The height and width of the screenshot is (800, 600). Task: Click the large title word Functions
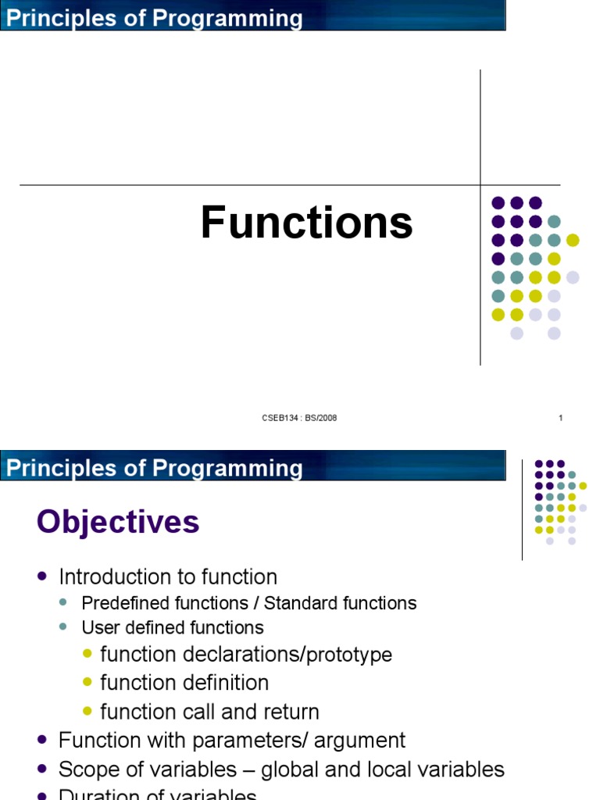pyautogui.click(x=306, y=223)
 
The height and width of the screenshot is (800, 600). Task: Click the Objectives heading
pyautogui.click(x=118, y=522)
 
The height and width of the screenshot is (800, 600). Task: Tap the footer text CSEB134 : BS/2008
pyautogui.click(x=299, y=418)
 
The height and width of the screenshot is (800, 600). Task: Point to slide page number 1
pyautogui.click(x=561, y=418)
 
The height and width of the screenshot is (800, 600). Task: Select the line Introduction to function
pyautogui.click(x=168, y=577)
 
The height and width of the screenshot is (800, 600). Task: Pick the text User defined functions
pyautogui.click(x=173, y=627)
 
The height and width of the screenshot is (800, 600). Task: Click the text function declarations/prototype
pyautogui.click(x=246, y=654)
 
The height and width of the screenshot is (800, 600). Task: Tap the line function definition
pyautogui.click(x=184, y=683)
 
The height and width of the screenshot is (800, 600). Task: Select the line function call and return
pyautogui.click(x=209, y=712)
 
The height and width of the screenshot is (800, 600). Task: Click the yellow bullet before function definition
pyautogui.click(x=87, y=682)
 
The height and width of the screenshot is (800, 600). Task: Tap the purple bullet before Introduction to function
pyautogui.click(x=42, y=577)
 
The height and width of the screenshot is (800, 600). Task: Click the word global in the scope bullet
pyautogui.click(x=290, y=770)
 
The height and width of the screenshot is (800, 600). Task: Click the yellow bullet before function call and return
pyautogui.click(x=87, y=711)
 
